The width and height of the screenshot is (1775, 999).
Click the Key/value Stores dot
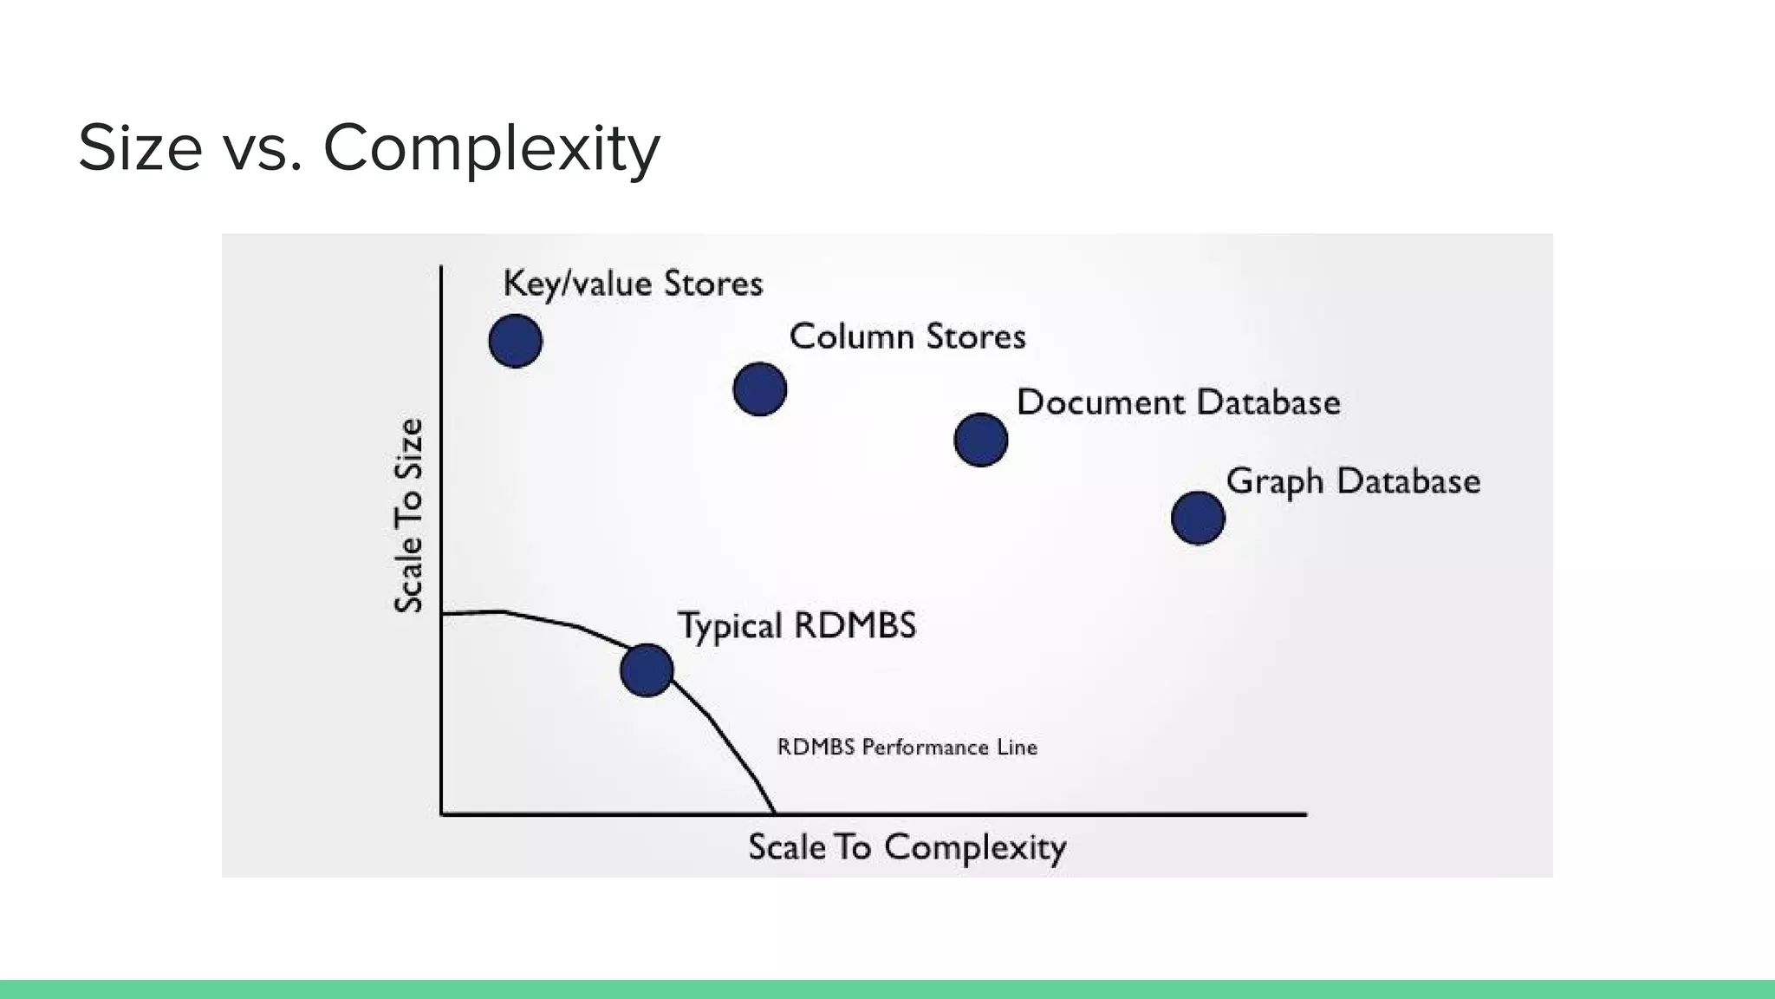[516, 341]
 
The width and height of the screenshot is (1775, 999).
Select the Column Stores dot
[760, 389]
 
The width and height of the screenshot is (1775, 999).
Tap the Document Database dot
[981, 440]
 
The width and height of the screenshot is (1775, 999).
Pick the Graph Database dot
[1198, 519]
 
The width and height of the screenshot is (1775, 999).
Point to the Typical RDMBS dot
[647, 670]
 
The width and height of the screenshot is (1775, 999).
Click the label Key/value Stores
[633, 284]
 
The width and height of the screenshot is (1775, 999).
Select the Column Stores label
[907, 336]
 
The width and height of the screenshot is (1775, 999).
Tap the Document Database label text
[1179, 402]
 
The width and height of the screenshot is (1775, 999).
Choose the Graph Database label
[1353, 481]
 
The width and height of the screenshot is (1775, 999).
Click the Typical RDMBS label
[796, 625]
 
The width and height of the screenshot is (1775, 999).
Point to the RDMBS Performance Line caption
[907, 748]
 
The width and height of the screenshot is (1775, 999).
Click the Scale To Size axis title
[409, 516]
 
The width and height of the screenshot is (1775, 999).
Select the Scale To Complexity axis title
[907, 847]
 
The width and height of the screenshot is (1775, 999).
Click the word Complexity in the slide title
[491, 148]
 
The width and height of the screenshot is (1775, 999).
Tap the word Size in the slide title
[140, 148]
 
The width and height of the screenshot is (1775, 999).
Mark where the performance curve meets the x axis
[774, 813]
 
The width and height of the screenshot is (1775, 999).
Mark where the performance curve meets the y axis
[443, 614]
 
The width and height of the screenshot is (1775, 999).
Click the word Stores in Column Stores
[976, 336]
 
